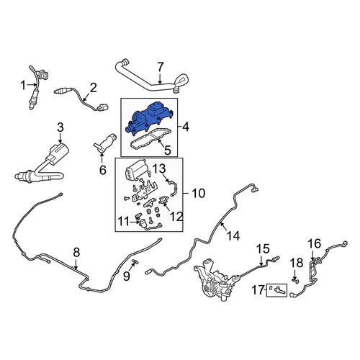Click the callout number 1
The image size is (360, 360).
(23, 85)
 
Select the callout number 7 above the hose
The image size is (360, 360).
(160, 67)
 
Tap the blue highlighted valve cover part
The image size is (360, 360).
(149, 117)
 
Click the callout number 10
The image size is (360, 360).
(198, 193)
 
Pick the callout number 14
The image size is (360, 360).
(233, 236)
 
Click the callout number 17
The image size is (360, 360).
(258, 290)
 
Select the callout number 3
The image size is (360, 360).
(60, 127)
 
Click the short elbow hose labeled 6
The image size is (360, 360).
(106, 143)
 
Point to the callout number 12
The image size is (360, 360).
(176, 217)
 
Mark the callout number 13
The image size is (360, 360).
(159, 168)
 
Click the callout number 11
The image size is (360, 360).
(124, 222)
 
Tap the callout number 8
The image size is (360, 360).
(76, 252)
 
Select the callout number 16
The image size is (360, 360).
(315, 244)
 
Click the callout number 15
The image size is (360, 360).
(264, 249)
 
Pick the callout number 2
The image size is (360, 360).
(93, 88)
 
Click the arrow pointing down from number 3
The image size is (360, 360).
(60, 138)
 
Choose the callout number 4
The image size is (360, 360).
(186, 127)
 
